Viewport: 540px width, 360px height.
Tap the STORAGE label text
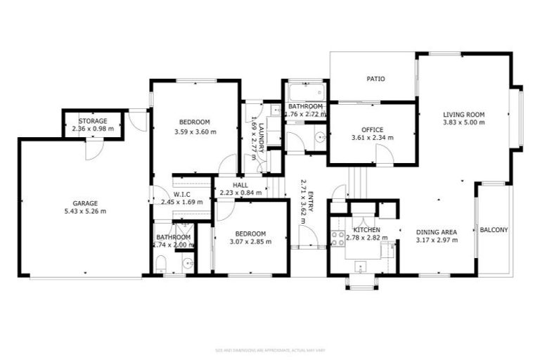click(93, 121)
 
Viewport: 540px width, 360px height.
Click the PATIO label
click(375, 79)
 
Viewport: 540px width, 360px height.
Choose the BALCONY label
click(494, 230)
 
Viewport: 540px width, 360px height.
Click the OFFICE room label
click(372, 129)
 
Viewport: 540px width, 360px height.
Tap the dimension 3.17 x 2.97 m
click(437, 240)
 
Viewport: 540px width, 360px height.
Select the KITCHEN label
click(367, 230)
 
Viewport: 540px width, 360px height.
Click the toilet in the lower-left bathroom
click(161, 264)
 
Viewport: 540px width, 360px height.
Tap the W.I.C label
click(182, 194)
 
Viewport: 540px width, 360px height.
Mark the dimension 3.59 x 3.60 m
click(195, 131)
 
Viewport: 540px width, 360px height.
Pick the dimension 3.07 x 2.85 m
click(250, 242)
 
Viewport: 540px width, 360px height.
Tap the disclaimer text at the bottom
click(269, 349)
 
